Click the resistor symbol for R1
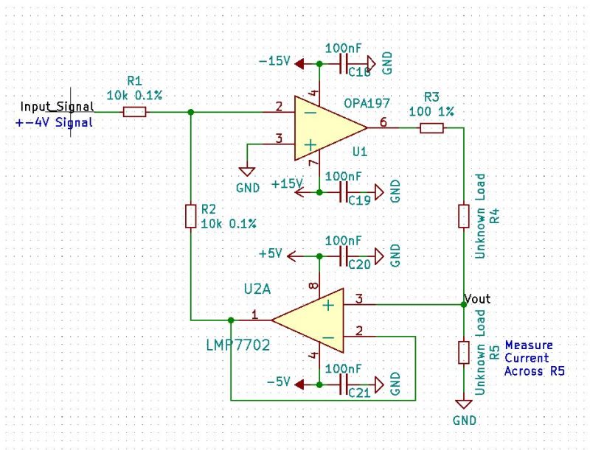pos(134,112)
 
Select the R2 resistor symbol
pos(190,216)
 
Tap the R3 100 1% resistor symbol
pos(431,128)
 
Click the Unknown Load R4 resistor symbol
pos(463,216)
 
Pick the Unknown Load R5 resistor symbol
pos(463,352)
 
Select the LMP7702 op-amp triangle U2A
pos(310,320)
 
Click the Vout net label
pos(477,299)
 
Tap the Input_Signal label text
pos(57,107)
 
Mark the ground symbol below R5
pos(463,405)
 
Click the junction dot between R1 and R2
pos(190,112)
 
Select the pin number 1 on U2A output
pos(254,314)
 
